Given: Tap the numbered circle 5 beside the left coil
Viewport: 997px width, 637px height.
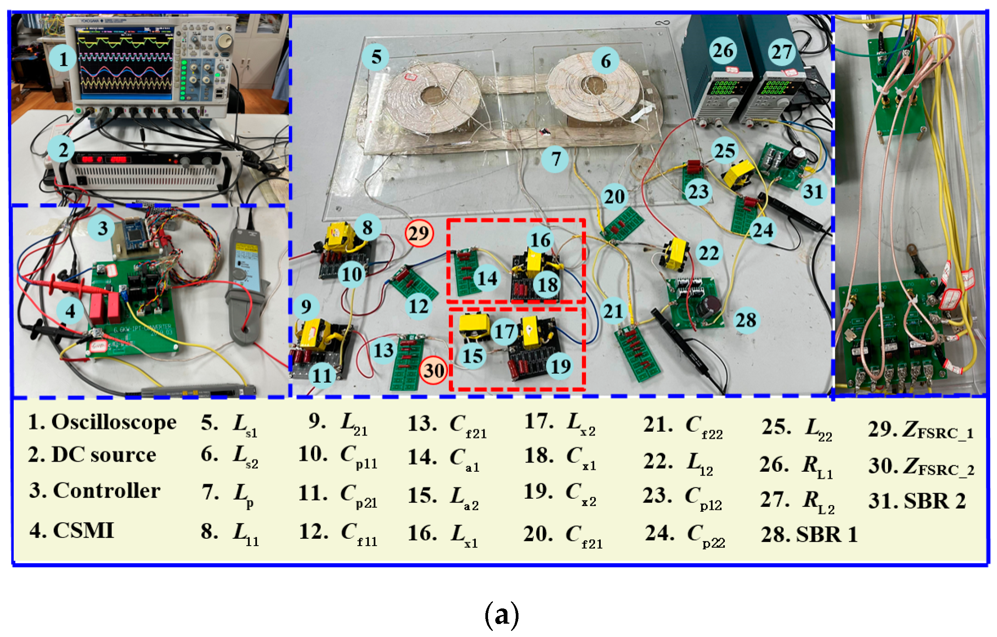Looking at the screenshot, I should click(x=375, y=57).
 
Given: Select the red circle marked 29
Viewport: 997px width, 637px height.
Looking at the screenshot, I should click(x=419, y=233).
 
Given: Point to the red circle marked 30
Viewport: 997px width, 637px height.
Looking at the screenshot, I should click(x=434, y=370).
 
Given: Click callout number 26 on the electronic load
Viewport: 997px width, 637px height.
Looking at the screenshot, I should click(x=723, y=51).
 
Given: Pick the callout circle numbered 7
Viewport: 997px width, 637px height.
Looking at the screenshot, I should click(x=555, y=159).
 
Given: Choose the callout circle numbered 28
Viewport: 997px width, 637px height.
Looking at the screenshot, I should click(x=746, y=320).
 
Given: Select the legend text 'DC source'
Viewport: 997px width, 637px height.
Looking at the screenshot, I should click(x=104, y=455).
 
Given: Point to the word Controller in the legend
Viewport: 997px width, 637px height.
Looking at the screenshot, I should click(x=107, y=491).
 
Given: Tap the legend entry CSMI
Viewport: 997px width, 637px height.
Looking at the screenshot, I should click(x=83, y=530).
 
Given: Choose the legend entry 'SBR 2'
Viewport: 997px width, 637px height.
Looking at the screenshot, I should click(x=935, y=501).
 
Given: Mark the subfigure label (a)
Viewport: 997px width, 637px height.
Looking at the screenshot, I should click(x=501, y=615).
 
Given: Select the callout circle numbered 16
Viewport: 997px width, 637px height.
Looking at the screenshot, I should click(x=540, y=240).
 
